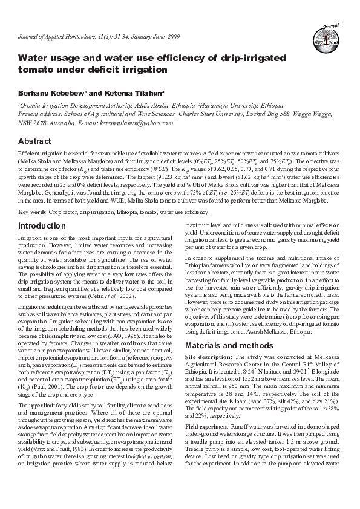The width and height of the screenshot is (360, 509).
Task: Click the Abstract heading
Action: coord(35,140)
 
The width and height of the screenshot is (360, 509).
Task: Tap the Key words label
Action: coord(30,212)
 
